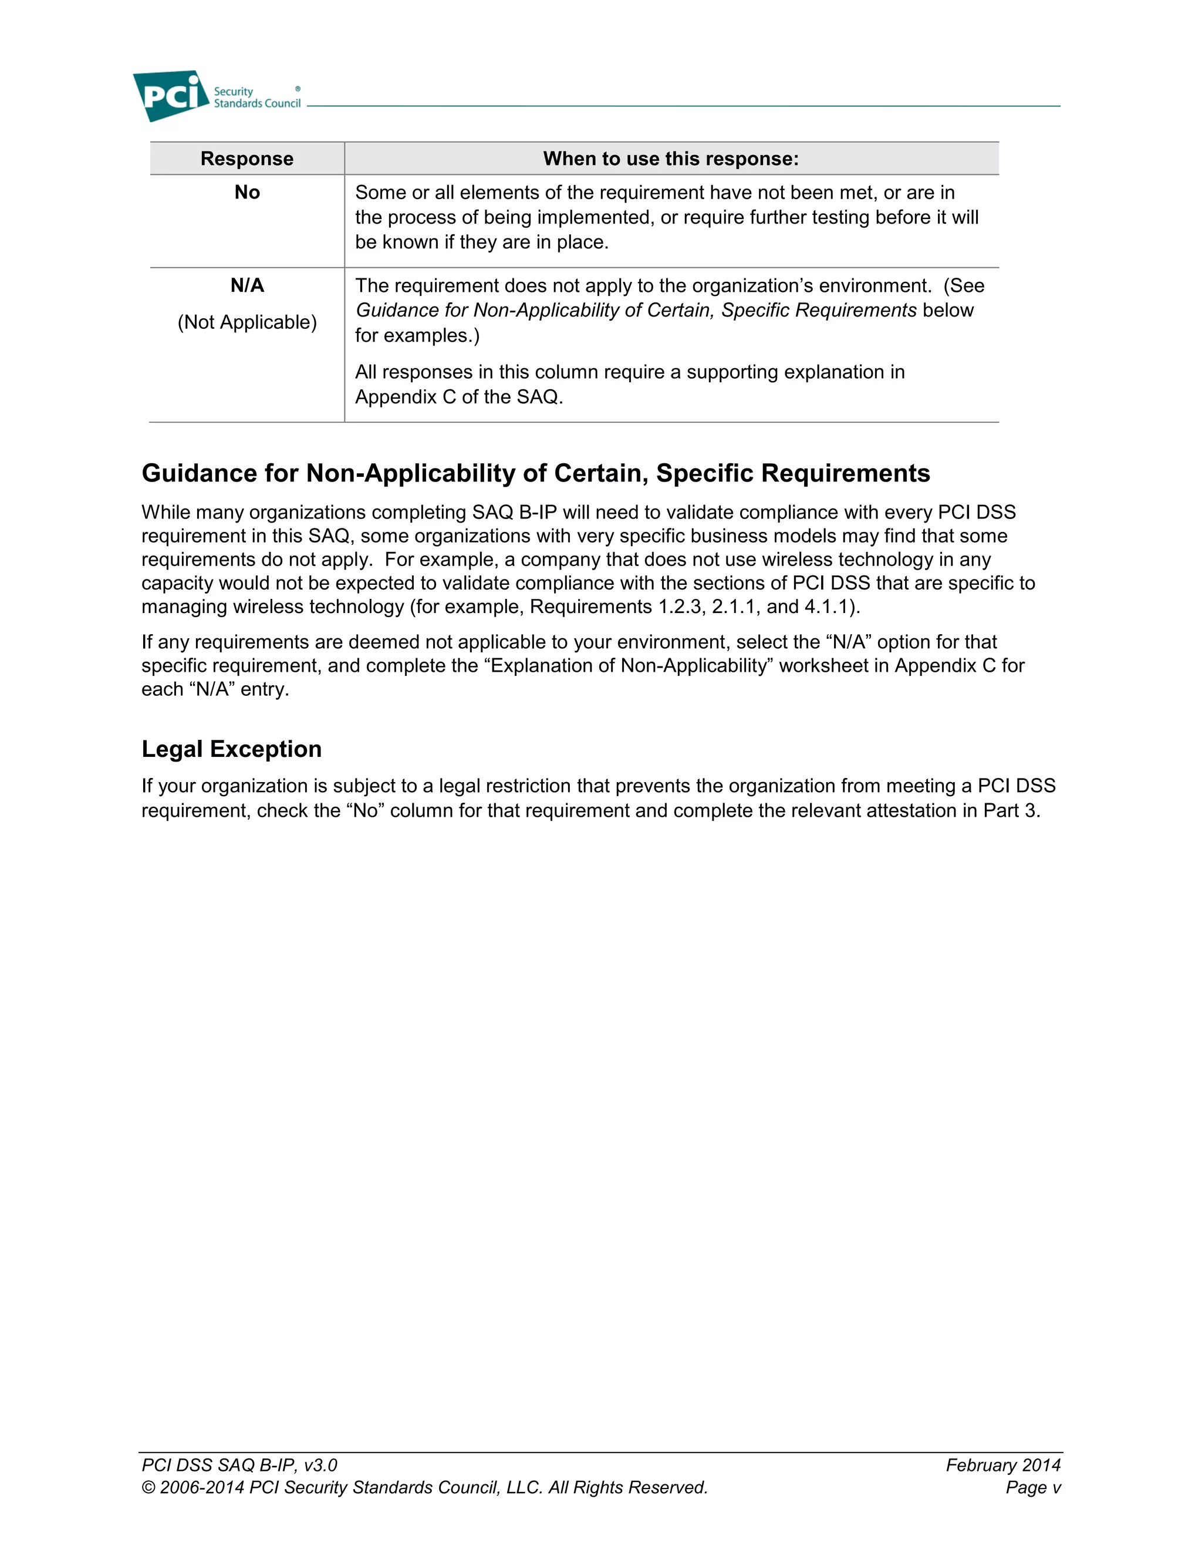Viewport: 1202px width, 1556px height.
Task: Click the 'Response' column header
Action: point(247,159)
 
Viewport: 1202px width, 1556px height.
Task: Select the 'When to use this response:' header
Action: point(671,159)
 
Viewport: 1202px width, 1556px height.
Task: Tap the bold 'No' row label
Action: point(247,193)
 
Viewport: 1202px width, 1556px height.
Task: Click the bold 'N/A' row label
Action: point(247,286)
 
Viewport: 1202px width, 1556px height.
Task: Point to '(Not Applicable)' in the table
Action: point(247,323)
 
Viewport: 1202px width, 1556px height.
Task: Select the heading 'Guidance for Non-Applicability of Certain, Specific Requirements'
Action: point(535,473)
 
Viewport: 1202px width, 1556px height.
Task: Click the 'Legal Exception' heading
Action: point(231,749)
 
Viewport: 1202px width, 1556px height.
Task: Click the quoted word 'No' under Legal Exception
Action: point(364,811)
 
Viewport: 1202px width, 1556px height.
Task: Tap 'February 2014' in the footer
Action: point(1002,1465)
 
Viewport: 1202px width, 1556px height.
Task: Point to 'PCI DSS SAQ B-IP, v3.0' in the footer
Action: point(239,1465)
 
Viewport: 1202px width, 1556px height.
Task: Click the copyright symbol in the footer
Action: point(148,1488)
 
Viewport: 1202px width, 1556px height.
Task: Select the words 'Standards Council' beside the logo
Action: point(257,103)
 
